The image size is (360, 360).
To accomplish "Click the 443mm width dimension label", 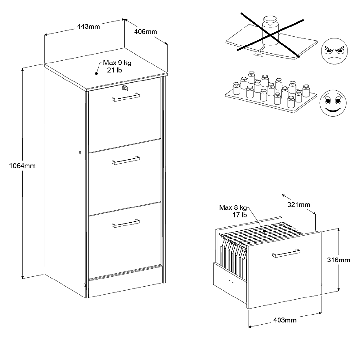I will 88,26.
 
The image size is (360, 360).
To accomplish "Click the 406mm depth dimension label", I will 146,32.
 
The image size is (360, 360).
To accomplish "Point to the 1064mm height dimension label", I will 22,166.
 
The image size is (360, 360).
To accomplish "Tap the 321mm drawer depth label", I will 298,205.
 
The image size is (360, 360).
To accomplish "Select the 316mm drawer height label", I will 338,260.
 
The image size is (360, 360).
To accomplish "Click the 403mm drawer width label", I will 285,320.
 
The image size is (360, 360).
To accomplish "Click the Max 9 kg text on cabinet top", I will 117,63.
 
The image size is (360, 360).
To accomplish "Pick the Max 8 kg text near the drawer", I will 233,207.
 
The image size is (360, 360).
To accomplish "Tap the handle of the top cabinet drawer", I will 126,97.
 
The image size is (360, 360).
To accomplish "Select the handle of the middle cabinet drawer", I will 126,160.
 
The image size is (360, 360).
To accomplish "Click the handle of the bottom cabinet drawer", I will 126,223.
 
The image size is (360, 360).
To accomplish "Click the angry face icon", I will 334,52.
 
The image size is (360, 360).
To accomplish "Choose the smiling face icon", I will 333,102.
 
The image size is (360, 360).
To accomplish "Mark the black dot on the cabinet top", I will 97,74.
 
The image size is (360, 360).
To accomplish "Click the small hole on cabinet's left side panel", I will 80,153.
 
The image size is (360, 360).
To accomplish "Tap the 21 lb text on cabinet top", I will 115,70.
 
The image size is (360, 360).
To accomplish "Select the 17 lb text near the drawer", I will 240,215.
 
